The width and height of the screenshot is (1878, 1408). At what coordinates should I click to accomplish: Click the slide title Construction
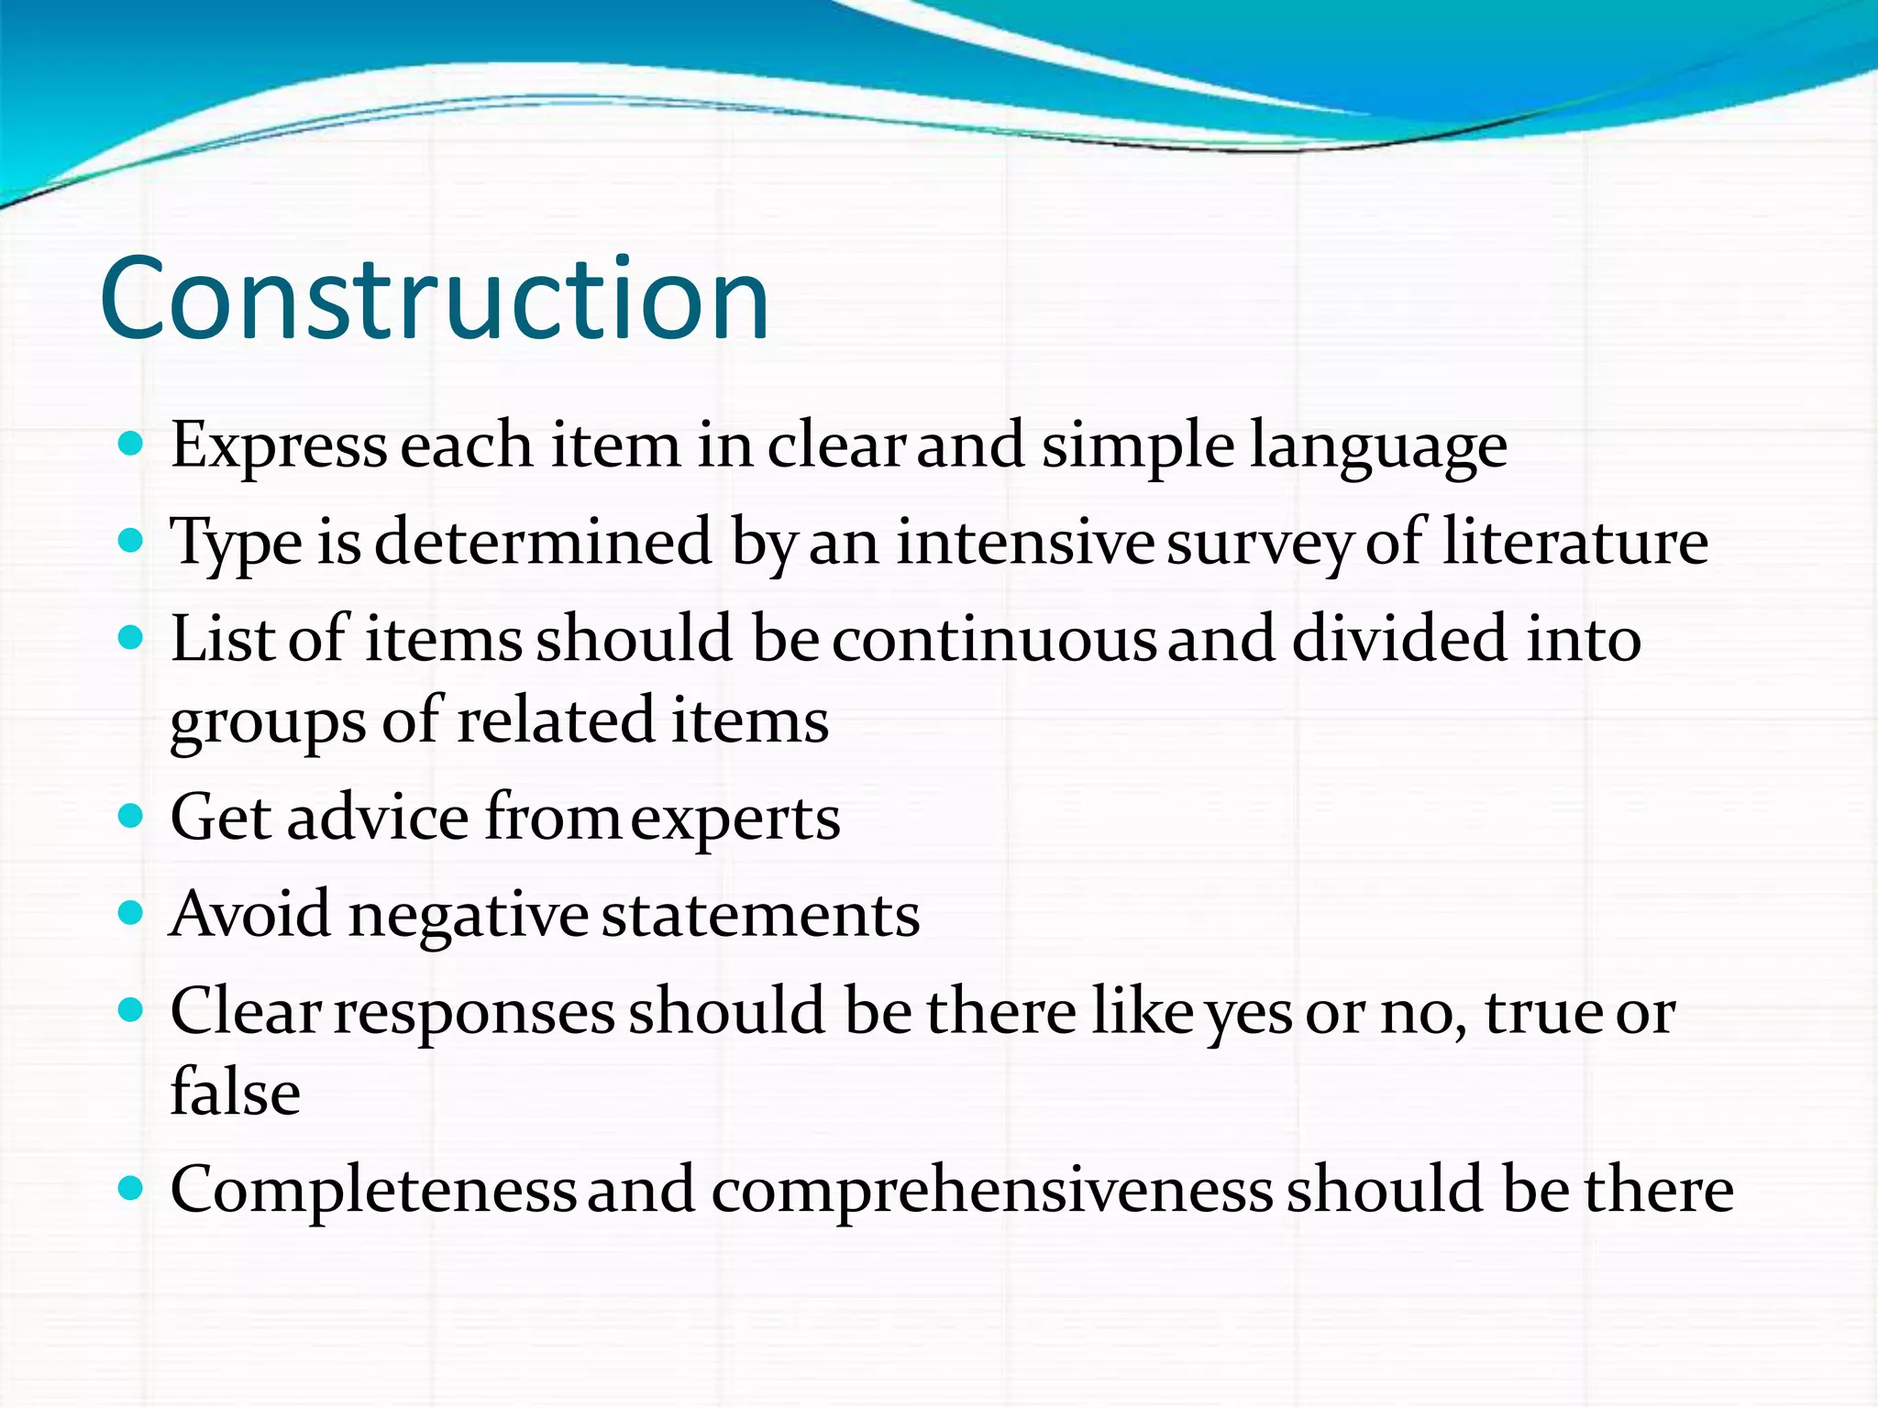(434, 299)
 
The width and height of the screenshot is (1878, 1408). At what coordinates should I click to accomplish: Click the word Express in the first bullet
(279, 446)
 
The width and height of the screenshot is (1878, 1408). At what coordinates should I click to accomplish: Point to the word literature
(1574, 542)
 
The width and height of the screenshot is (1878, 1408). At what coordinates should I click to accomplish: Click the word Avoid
(250, 914)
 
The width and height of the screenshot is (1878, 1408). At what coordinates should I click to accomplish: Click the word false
(236, 1093)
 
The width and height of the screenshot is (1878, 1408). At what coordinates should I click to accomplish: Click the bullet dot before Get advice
(132, 816)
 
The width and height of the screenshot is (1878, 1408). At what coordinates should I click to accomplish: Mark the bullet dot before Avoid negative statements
(132, 913)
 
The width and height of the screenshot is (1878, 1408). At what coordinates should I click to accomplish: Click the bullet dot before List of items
(132, 638)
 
